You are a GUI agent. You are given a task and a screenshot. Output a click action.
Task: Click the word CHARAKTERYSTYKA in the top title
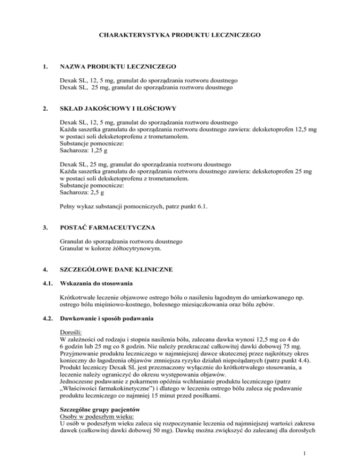(x=133, y=35)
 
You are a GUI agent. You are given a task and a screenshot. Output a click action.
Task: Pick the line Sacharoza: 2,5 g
(x=84, y=193)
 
